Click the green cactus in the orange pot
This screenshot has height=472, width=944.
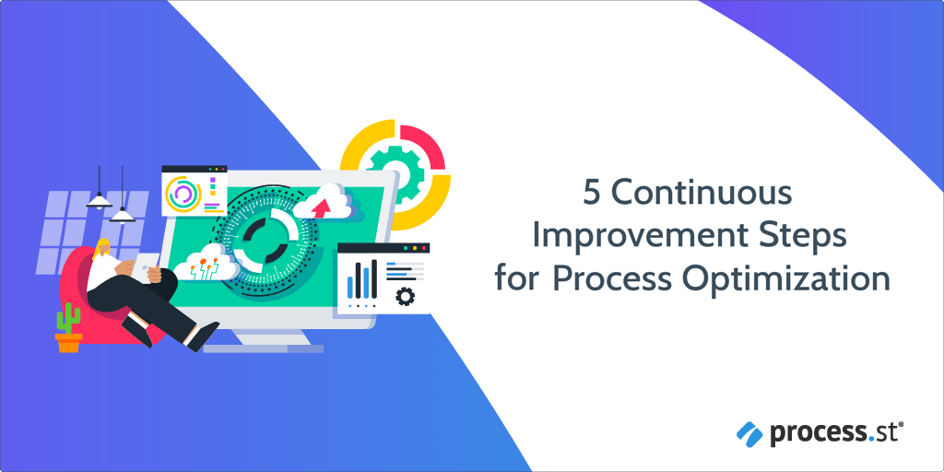click(68, 318)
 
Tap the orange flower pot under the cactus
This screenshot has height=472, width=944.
click(68, 343)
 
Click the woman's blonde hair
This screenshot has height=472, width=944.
click(101, 248)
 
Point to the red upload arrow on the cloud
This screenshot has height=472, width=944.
click(323, 206)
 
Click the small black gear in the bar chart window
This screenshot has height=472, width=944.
click(406, 296)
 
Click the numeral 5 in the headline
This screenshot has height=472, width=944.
click(592, 195)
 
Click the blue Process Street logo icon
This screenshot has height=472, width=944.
click(750, 433)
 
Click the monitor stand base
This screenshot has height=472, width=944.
click(263, 348)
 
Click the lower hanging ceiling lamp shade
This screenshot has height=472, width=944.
click(123, 215)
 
